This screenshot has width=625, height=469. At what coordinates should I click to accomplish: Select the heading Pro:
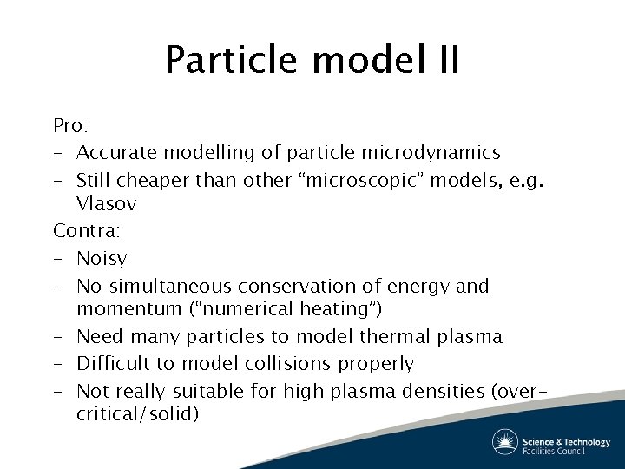tap(69, 125)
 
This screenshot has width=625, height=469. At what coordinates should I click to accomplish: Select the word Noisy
tap(102, 258)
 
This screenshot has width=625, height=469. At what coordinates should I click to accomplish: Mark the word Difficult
tap(113, 363)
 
